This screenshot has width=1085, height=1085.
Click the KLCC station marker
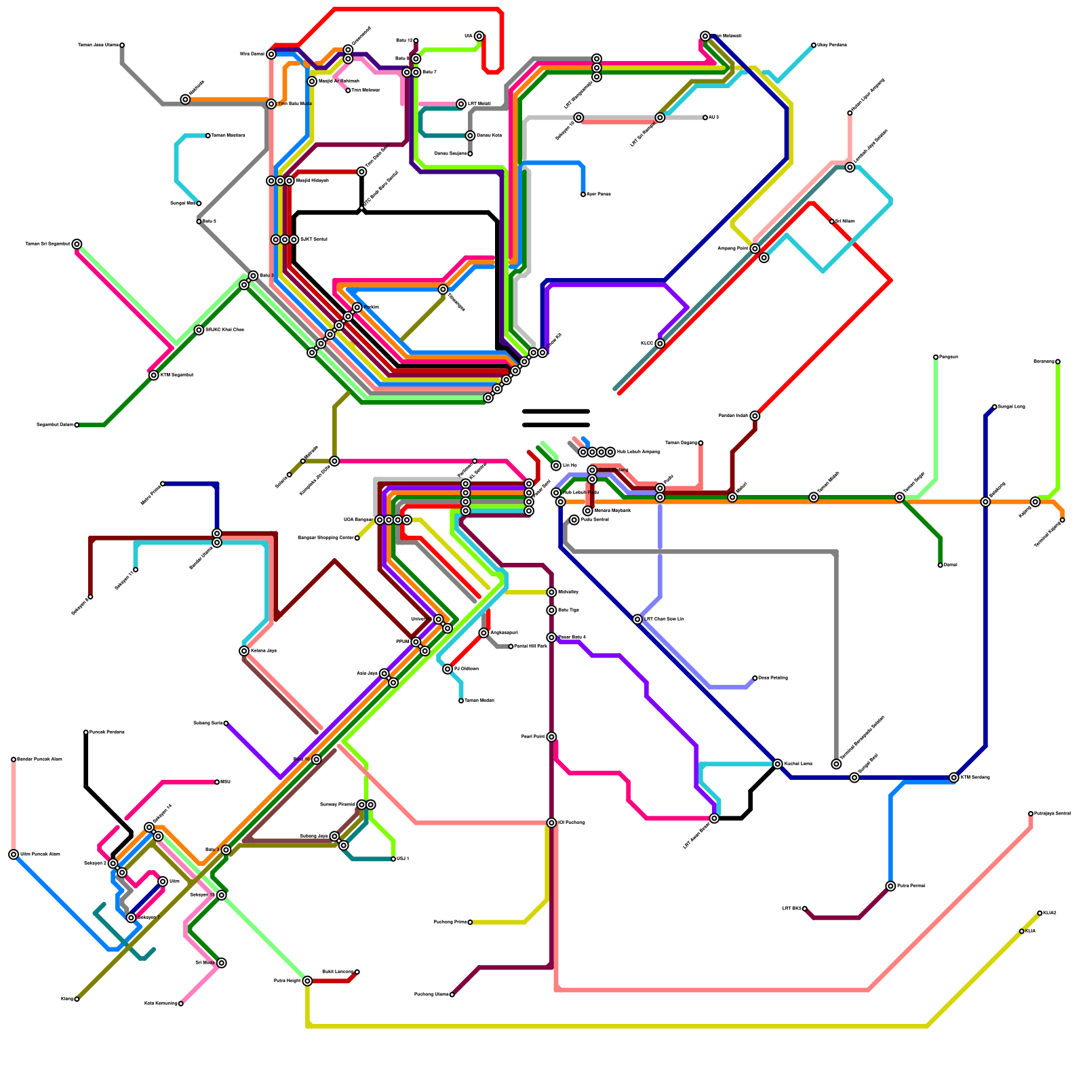coord(660,344)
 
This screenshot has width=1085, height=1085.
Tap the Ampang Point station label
coord(733,249)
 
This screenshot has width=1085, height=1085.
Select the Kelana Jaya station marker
coord(244,651)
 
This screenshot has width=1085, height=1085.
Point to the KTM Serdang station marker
coord(954,778)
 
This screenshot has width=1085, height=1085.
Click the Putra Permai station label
coord(911,886)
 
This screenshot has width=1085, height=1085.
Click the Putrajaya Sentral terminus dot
coord(1031,814)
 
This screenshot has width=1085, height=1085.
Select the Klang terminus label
coord(66,999)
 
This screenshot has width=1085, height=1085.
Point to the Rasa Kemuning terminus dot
coord(181,1004)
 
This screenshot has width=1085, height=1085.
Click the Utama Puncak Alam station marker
coord(14,854)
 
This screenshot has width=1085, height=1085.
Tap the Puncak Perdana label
coord(107,732)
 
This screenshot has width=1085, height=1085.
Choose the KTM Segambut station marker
coord(154,376)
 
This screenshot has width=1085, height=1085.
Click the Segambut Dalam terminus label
coord(55,425)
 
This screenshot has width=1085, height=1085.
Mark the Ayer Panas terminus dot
coord(583,195)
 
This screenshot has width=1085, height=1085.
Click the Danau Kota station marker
coord(470,136)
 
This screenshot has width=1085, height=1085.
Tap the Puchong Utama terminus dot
coord(452,995)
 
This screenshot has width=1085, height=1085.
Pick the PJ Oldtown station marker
coord(448,669)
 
